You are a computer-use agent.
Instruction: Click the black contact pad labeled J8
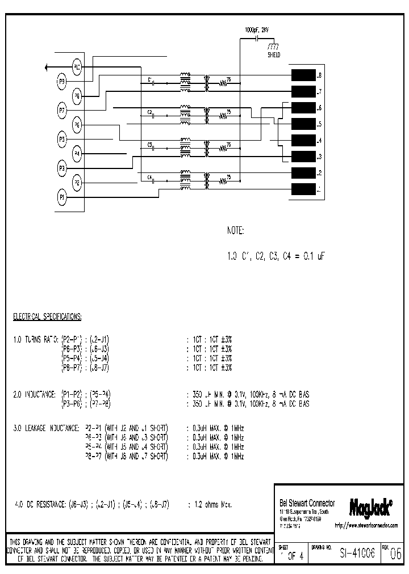point(303,75)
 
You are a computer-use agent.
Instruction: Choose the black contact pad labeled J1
point(303,189)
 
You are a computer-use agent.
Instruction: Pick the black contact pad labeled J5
point(303,124)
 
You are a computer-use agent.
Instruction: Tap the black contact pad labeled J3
point(303,157)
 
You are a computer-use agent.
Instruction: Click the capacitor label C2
point(149,112)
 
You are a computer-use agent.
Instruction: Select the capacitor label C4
point(149,178)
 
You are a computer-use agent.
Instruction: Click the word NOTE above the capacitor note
point(236,231)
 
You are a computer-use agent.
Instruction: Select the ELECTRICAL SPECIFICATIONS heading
point(48,315)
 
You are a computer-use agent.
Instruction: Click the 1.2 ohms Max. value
point(211,504)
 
